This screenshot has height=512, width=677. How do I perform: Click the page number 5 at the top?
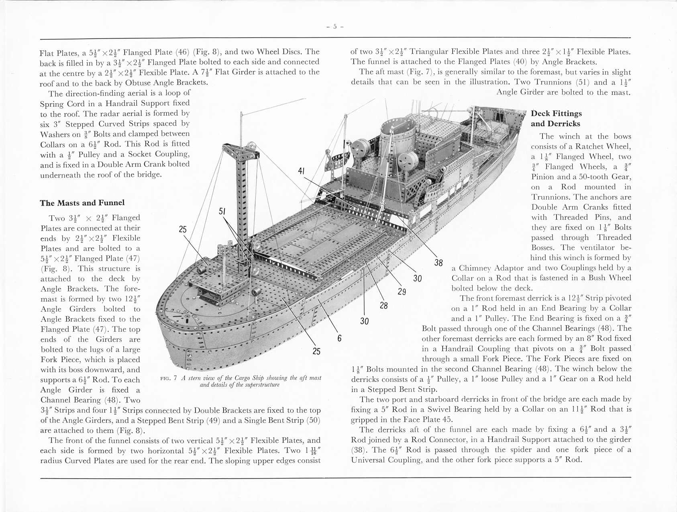(x=335, y=27)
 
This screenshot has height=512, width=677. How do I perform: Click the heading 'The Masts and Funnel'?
(x=82, y=203)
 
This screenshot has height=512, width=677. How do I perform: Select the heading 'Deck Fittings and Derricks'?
(x=556, y=118)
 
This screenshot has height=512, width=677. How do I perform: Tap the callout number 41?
(x=301, y=171)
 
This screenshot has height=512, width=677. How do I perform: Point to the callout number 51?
(x=222, y=211)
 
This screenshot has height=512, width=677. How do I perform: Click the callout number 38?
(x=438, y=263)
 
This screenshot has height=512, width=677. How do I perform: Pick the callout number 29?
(x=402, y=292)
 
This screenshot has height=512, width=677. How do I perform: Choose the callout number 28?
(x=383, y=306)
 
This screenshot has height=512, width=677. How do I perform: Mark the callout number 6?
(x=339, y=338)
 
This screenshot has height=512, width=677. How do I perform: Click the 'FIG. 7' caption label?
(x=169, y=378)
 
